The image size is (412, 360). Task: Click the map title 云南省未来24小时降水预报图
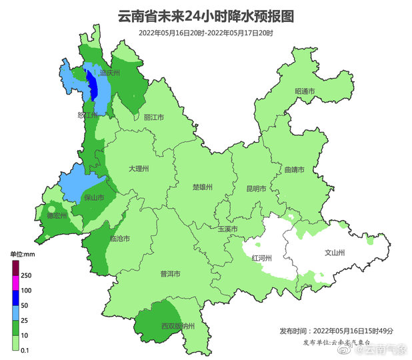pyautogui.click(x=205, y=15)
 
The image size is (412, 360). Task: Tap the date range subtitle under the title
pyautogui.click(x=206, y=33)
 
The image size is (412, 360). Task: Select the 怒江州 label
pyautogui.click(x=88, y=115)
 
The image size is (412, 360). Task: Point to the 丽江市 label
pyautogui.click(x=153, y=117)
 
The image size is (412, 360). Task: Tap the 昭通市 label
pyautogui.click(x=305, y=91)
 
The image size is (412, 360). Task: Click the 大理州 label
pyautogui.click(x=138, y=169)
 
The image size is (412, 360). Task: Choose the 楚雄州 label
pyautogui.click(x=201, y=187)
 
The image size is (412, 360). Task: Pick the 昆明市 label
pyautogui.click(x=256, y=189)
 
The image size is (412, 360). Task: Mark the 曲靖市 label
pyautogui.click(x=293, y=170)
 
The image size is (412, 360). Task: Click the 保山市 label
pyautogui.click(x=94, y=198)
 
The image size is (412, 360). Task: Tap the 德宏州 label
pyautogui.click(x=56, y=215)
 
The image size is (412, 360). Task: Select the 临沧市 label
pyautogui.click(x=119, y=238)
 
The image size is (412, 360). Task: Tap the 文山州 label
pyautogui.click(x=333, y=253)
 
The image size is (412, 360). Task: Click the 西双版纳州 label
pyautogui.click(x=177, y=326)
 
